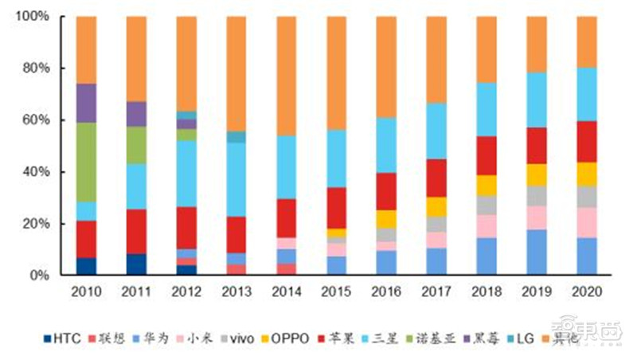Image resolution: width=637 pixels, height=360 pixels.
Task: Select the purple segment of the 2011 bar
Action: click(136, 114)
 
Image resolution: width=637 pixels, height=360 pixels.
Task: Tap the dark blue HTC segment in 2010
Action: click(86, 266)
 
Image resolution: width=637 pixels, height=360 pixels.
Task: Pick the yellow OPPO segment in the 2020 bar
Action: click(586, 174)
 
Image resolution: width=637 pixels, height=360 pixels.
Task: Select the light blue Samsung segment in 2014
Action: click(287, 167)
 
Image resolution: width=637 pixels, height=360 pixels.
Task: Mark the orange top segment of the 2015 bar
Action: click(337, 72)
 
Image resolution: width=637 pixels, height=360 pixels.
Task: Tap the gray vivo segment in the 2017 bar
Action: click(436, 224)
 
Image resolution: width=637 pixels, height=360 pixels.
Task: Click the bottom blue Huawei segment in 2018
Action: click(487, 256)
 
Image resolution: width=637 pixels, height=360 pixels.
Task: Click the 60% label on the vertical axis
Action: click(36, 120)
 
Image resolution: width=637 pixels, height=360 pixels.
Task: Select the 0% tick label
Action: click(39, 276)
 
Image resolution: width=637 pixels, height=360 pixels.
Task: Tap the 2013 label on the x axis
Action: click(236, 292)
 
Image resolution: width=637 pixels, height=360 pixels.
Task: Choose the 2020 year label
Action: click(586, 292)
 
